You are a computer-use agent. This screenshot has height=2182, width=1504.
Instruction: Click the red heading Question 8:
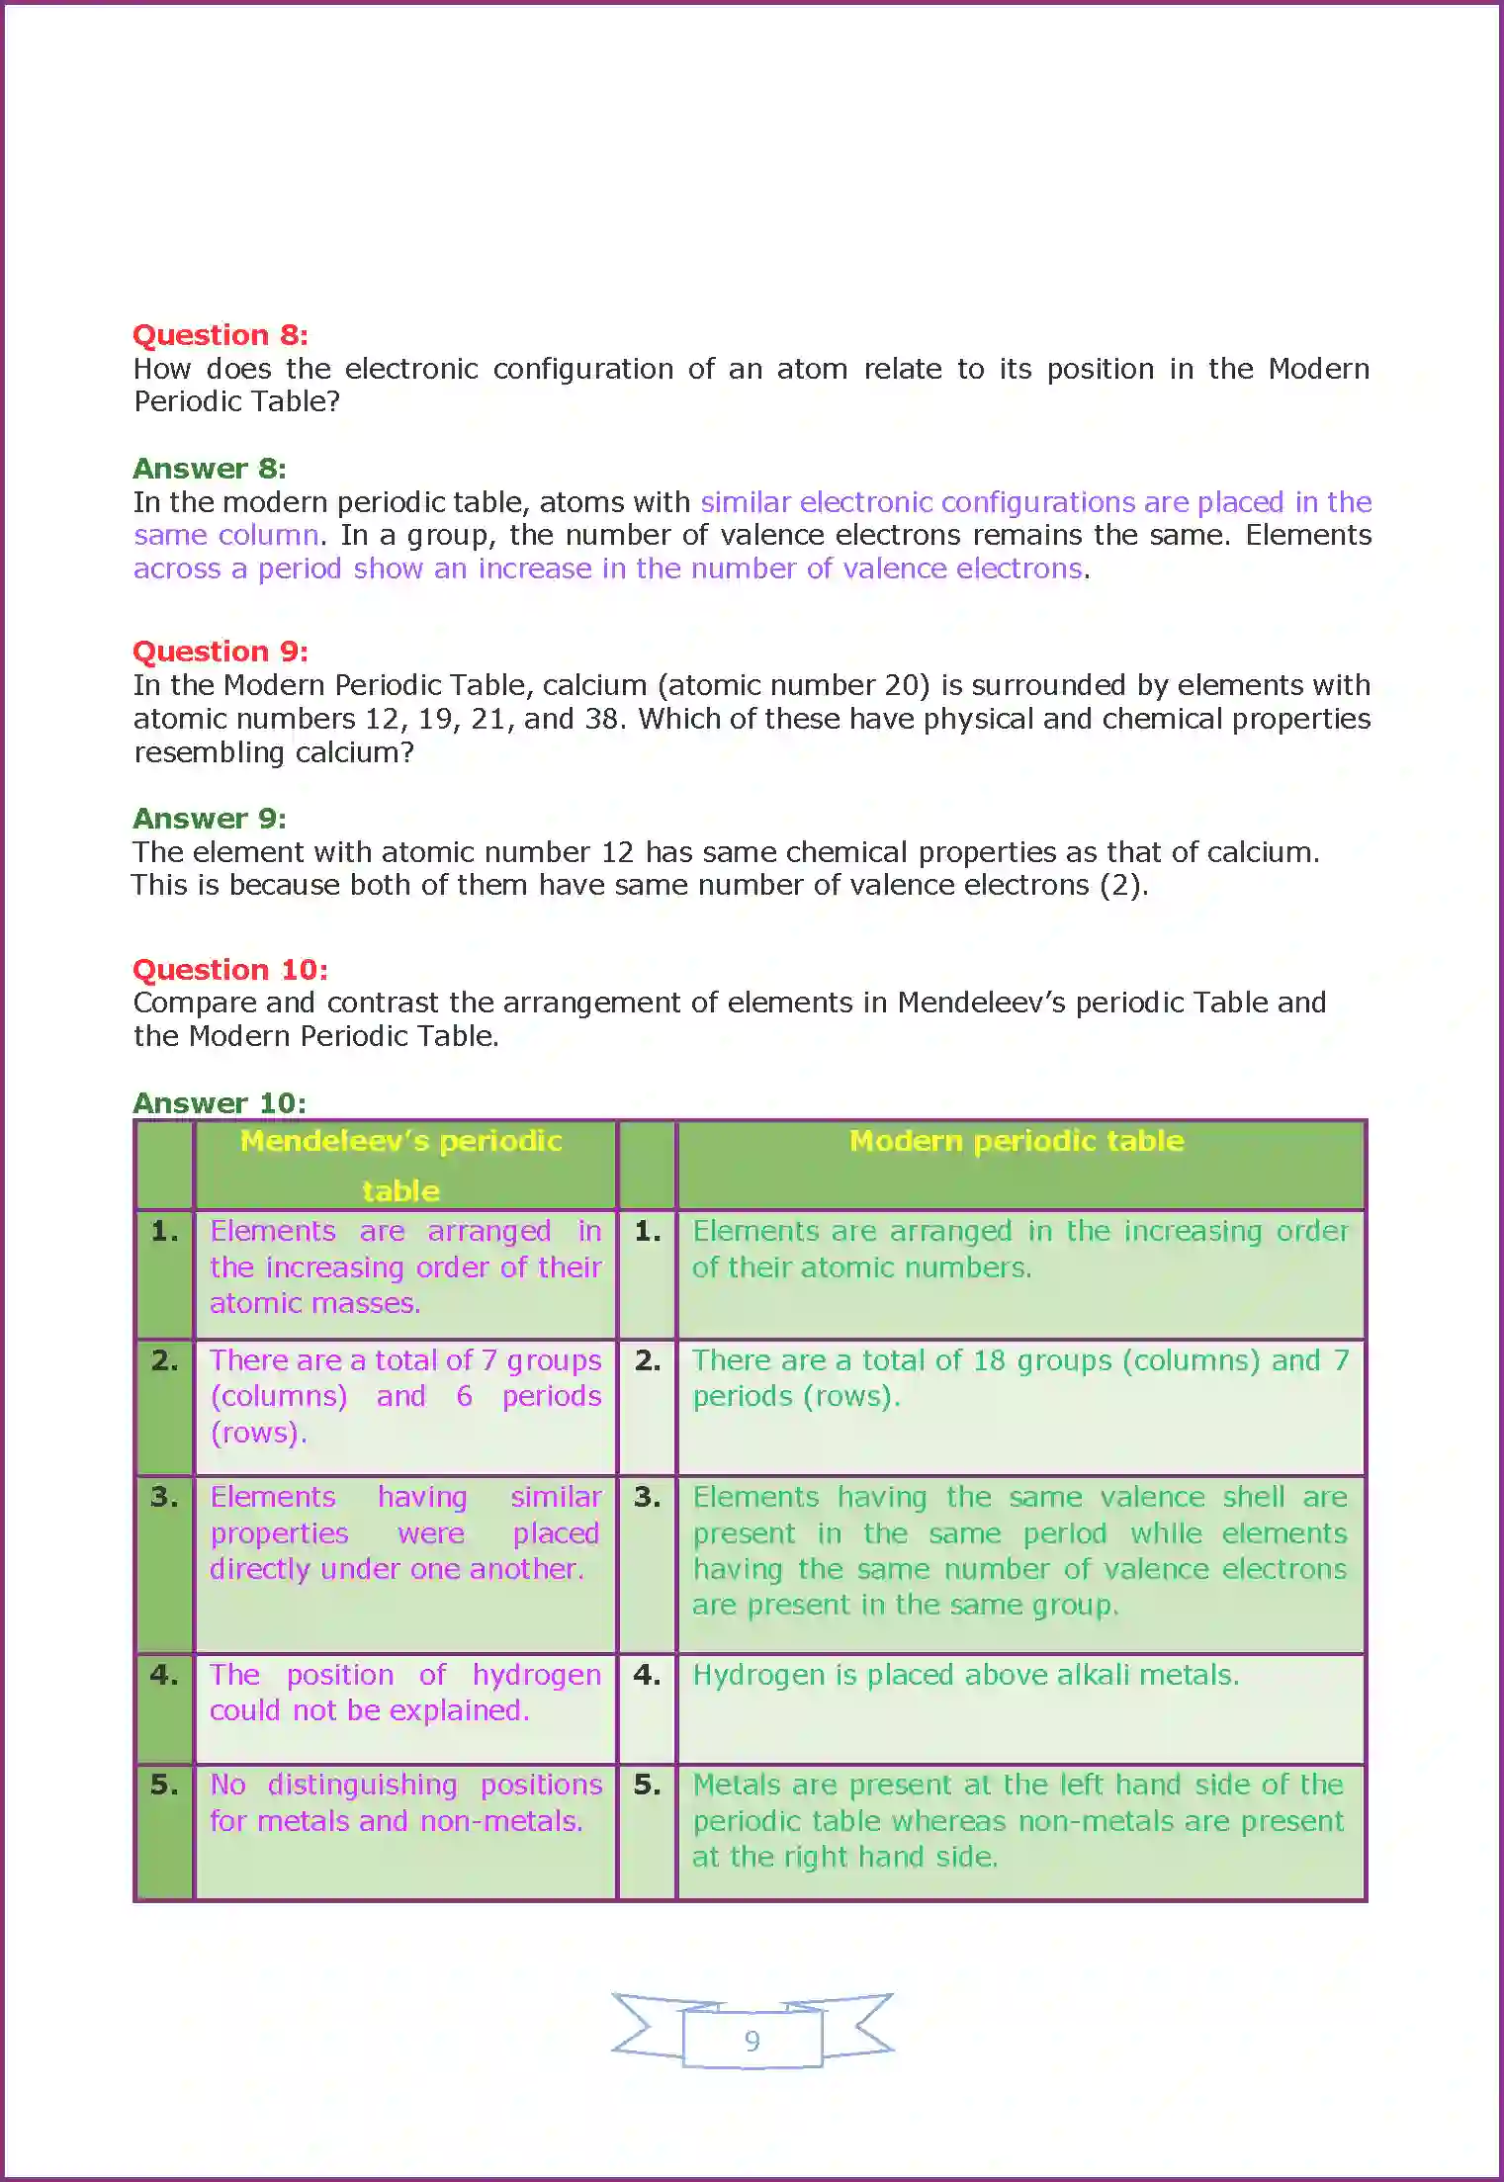[220, 335]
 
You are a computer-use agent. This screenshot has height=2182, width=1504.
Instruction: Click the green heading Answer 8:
[209, 469]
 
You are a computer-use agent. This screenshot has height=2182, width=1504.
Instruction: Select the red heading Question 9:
[220, 652]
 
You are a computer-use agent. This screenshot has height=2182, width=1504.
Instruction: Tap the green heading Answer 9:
[209, 819]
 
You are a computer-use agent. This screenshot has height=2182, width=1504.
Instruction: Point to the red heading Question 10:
[229, 970]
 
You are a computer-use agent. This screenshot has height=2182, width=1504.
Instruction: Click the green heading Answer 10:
[219, 1103]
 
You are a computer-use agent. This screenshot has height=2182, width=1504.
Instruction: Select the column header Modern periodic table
[1017, 1142]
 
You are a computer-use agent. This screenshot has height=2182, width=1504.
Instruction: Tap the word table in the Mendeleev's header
[400, 1191]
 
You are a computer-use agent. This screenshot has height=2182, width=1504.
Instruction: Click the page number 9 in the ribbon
[752, 2042]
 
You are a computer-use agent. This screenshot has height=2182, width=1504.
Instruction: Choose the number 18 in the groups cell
[988, 1361]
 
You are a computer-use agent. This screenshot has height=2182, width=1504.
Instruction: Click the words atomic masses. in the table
[314, 1304]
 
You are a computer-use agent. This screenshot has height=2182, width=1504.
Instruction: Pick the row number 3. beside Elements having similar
[164, 1498]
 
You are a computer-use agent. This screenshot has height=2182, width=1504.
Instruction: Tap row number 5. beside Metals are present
[647, 1786]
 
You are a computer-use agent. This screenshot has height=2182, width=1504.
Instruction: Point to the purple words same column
[225, 536]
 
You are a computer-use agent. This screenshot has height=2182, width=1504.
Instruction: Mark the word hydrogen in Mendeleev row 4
[536, 1676]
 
